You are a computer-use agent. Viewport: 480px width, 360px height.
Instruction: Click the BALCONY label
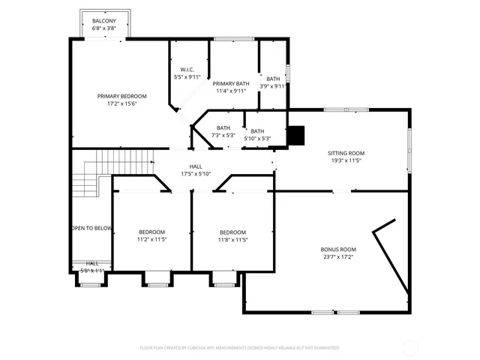tap(104, 20)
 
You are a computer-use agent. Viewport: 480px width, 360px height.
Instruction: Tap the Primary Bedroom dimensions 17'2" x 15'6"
tap(121, 104)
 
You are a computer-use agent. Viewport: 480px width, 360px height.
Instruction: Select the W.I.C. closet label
tap(187, 69)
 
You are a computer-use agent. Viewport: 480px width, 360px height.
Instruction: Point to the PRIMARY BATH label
tap(231, 83)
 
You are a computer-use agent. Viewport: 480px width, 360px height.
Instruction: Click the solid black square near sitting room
tap(298, 134)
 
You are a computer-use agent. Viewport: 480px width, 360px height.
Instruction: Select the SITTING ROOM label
tap(346, 152)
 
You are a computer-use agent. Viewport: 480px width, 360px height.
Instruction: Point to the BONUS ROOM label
tap(338, 249)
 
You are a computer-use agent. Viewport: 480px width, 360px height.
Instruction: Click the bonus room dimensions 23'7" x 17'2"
tap(338, 256)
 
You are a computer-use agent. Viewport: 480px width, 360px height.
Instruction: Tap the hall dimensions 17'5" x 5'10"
tap(196, 174)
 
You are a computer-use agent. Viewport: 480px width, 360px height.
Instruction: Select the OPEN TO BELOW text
tap(91, 228)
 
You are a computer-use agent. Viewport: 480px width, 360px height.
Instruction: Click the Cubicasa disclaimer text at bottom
tap(240, 348)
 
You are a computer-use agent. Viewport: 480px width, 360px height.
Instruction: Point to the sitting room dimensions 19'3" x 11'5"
tap(346, 160)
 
